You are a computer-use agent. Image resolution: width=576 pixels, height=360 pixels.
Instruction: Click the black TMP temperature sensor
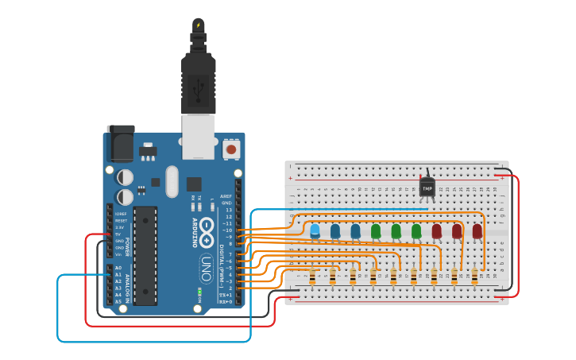[427, 188]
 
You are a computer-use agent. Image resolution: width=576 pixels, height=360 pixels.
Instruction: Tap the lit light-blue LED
[315, 230]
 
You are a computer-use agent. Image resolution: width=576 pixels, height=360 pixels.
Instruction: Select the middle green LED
[396, 230]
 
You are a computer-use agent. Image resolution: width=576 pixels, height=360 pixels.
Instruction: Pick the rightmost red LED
[477, 230]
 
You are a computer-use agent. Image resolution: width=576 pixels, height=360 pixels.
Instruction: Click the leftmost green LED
[376, 230]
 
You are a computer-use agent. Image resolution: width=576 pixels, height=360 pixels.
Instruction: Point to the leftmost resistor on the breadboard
[312, 276]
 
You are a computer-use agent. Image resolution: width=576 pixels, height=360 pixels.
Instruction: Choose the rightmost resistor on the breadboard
[474, 276]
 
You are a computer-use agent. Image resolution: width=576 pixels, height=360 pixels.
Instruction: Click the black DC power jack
[120, 144]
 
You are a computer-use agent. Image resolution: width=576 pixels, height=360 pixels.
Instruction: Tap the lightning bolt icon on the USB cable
[198, 25]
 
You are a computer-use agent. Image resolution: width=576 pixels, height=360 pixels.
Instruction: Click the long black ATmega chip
[145, 255]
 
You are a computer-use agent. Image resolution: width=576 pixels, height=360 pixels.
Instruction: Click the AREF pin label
[226, 196]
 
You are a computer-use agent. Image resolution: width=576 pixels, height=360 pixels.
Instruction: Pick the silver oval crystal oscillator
[172, 181]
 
